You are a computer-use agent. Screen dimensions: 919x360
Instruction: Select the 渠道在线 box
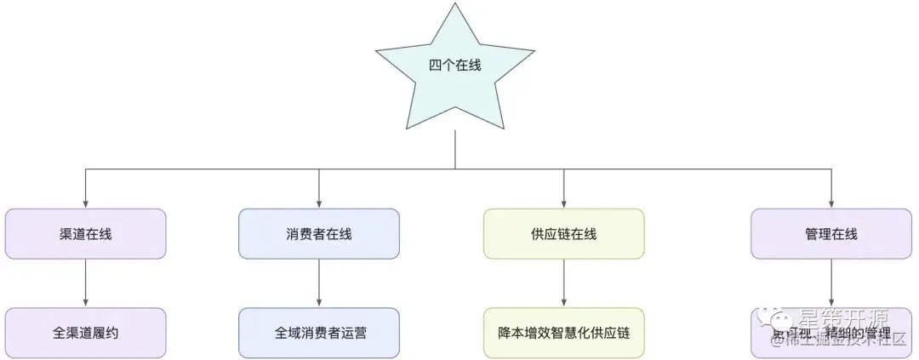pyautogui.click(x=85, y=234)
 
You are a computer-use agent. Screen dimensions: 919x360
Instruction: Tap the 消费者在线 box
pyautogui.click(x=319, y=234)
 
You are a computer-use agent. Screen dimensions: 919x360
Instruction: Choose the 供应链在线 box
pyautogui.click(x=563, y=234)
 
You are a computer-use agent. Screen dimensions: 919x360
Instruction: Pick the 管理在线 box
pyautogui.click(x=831, y=234)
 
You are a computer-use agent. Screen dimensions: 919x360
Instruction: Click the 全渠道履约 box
pyautogui.click(x=85, y=333)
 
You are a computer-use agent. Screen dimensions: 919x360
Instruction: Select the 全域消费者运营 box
pyautogui.click(x=319, y=333)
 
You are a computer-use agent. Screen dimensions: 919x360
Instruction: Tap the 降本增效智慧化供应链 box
pyautogui.click(x=563, y=333)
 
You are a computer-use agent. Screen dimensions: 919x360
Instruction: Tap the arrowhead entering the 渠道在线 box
pyautogui.click(x=85, y=203)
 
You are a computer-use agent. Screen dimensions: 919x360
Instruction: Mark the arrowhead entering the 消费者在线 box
pyautogui.click(x=319, y=203)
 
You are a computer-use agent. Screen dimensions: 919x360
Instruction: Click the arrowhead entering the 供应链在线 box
pyautogui.click(x=563, y=203)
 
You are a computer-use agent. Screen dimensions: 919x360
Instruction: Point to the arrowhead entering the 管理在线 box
pyautogui.click(x=831, y=203)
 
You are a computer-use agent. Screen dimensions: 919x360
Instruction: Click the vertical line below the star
pyautogui.click(x=455, y=149)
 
